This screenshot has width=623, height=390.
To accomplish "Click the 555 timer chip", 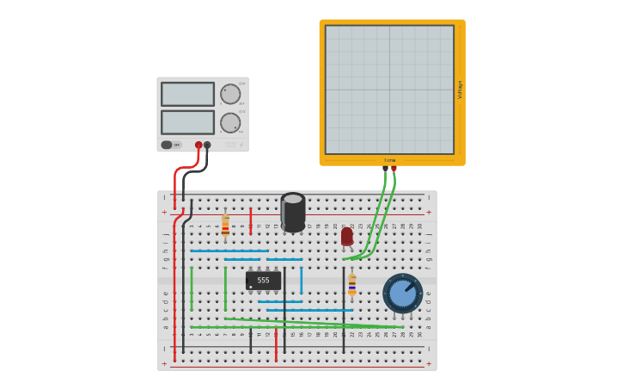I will pyautogui.click(x=263, y=281).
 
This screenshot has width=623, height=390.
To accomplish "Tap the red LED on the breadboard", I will pyautogui.click(x=347, y=236).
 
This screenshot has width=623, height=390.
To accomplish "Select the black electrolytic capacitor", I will pyautogui.click(x=293, y=212).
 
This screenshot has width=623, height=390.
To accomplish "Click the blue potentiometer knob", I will pyautogui.click(x=402, y=293).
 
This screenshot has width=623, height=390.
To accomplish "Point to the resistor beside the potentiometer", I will pyautogui.click(x=351, y=285).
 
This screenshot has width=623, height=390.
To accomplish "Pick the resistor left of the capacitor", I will pyautogui.click(x=225, y=226).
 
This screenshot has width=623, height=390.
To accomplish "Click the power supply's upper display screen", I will pyautogui.click(x=187, y=94).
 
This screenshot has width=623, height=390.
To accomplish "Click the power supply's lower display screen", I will pyautogui.click(x=187, y=122).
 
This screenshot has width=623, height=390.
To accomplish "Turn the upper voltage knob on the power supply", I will pyautogui.click(x=230, y=94).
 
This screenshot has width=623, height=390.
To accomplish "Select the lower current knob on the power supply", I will pyautogui.click(x=230, y=123).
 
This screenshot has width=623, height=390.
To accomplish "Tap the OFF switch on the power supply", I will pyautogui.click(x=172, y=145).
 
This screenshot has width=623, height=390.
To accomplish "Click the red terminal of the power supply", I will pyautogui.click(x=199, y=145).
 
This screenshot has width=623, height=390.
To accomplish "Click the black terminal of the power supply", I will pyautogui.click(x=207, y=145).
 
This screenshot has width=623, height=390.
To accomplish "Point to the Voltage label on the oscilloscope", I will pyautogui.click(x=460, y=90).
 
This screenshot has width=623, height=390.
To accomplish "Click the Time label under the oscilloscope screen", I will pyautogui.click(x=390, y=160).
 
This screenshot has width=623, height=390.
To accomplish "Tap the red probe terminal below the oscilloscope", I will pyautogui.click(x=394, y=169).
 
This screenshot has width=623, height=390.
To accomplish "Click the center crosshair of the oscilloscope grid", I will pyautogui.click(x=389, y=90).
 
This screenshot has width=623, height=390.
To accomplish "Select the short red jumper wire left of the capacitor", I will pyautogui.click(x=251, y=220).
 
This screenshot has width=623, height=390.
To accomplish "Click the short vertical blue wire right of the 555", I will pyautogui.click(x=301, y=281).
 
